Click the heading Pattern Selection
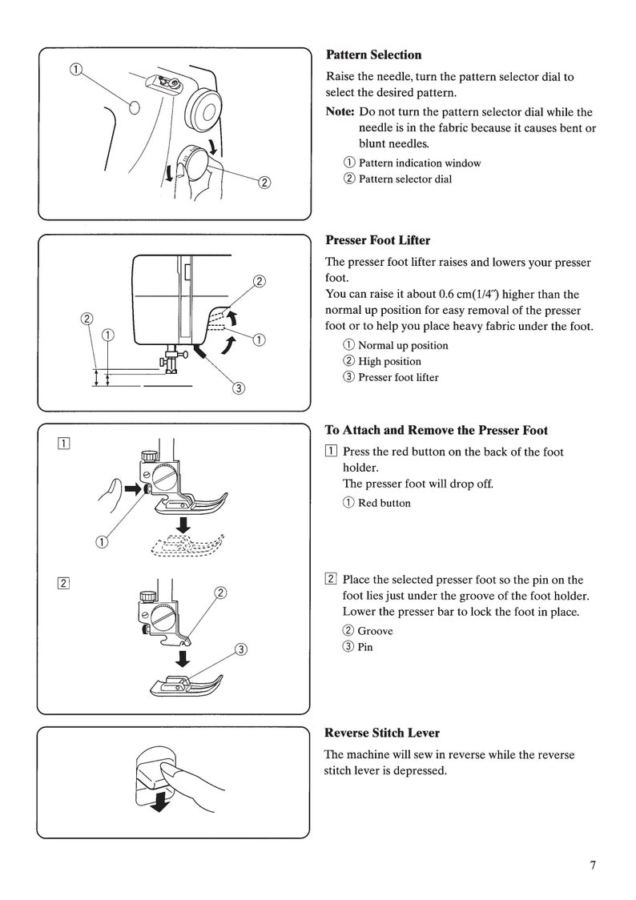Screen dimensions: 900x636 tap(373, 55)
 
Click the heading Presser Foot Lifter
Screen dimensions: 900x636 tap(377, 240)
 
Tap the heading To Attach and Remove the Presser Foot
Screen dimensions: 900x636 tap(436, 430)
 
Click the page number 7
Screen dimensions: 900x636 tap(593, 865)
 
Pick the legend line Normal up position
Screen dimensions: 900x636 tap(402, 346)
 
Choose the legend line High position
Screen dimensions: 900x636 tap(388, 362)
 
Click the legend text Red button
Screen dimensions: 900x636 tap(384, 504)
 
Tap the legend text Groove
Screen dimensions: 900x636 tap(375, 631)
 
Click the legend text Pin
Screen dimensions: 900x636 tap(364, 647)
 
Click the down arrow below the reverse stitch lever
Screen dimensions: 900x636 tap(161, 802)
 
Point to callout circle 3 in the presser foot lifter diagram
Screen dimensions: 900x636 tap(238, 390)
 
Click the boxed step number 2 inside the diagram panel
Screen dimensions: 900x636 tap(62, 582)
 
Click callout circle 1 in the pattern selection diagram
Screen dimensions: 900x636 tap(74, 70)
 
